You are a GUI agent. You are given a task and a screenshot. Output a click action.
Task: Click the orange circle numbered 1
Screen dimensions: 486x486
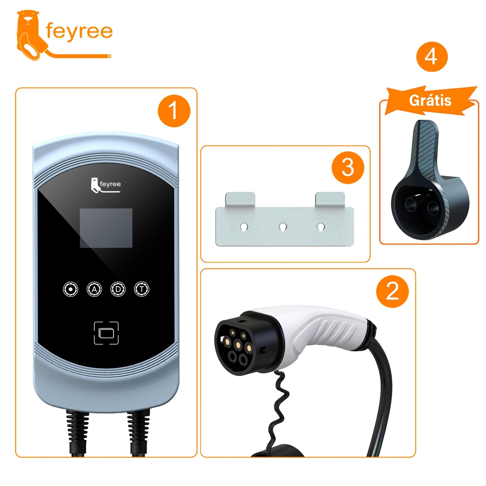174,111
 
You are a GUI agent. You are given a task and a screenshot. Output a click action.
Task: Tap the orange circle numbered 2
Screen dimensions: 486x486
393,291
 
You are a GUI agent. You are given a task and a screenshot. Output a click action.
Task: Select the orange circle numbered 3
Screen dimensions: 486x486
348,168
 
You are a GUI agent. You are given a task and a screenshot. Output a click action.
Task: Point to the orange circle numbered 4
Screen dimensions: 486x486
432,57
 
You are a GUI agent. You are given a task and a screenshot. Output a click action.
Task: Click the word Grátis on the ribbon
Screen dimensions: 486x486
430,101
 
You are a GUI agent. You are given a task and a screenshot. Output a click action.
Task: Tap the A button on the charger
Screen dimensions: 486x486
94,289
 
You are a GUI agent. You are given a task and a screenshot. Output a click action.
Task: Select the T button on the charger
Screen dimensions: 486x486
141,289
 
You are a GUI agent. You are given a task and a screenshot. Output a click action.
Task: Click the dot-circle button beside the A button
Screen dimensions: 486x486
71,289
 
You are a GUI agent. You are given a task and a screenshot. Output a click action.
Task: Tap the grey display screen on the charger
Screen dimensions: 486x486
106,228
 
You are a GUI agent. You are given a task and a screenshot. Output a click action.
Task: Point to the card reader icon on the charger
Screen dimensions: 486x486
106,333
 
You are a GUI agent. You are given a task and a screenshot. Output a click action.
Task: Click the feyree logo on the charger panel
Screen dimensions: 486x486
105,185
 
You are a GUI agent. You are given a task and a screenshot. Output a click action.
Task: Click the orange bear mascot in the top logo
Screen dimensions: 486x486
30,35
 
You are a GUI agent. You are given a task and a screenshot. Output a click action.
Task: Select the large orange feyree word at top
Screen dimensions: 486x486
79,32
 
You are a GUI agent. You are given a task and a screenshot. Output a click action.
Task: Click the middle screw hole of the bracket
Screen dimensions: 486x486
283,226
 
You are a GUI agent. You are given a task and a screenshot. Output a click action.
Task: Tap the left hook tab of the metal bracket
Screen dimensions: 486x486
240,199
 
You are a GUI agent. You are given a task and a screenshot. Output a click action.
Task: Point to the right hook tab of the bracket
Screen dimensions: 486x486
330,199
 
